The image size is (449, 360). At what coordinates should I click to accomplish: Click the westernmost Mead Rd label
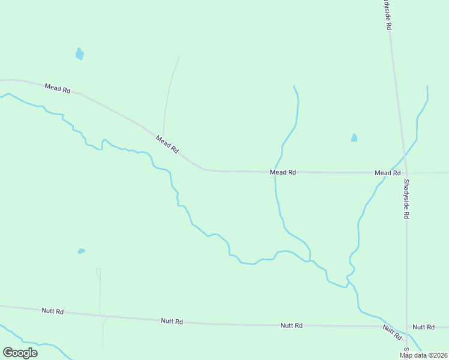point(58,88)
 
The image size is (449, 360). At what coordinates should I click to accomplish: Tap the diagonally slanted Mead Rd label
point(167,144)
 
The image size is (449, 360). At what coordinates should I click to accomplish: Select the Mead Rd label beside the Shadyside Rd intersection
point(387,173)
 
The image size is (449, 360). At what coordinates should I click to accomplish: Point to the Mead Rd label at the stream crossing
point(283,172)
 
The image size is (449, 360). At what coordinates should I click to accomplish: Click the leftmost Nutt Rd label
point(53,311)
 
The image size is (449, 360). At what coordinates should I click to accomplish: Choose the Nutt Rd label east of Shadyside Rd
point(423,327)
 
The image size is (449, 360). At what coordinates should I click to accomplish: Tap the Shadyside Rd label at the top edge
point(388,14)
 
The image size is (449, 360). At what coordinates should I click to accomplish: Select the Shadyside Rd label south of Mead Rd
point(406,199)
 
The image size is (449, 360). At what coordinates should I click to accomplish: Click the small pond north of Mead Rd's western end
point(79,54)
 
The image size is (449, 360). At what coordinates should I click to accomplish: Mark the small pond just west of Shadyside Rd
point(354,138)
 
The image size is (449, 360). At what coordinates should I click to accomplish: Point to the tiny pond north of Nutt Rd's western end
point(81,251)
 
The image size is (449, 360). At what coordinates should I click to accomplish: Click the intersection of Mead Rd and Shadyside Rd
point(405,173)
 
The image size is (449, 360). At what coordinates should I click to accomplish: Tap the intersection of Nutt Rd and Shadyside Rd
point(407,327)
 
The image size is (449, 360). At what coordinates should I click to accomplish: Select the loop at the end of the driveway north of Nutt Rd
point(98,273)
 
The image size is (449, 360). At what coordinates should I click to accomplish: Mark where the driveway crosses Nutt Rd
point(100,315)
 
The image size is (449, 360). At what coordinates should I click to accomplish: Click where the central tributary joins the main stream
point(310,261)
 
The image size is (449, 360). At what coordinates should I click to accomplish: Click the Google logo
point(20,353)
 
